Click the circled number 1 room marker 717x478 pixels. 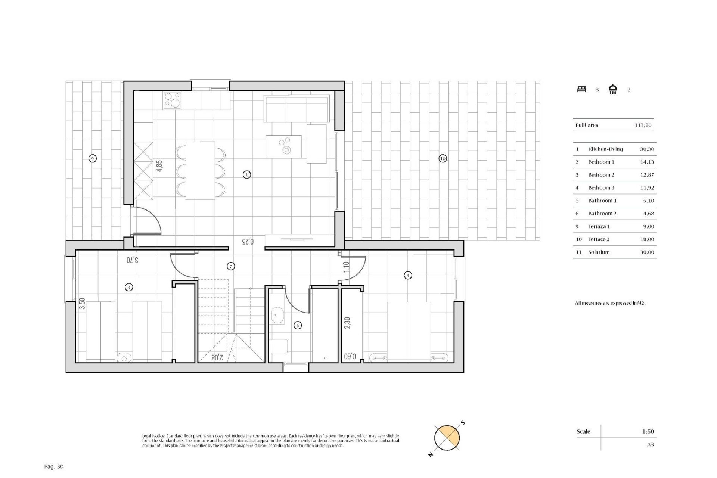click(246, 174)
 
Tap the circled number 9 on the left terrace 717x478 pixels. click(93, 158)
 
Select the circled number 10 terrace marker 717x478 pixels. click(443, 158)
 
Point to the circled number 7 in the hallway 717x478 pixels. click(231, 266)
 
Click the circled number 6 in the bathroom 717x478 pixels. click(298, 325)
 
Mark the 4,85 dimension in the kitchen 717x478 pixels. click(159, 166)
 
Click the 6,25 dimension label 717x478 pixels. click(247, 241)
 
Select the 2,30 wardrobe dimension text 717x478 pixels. click(347, 323)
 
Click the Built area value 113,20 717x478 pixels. click(643, 125)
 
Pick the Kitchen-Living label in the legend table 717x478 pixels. click(605, 149)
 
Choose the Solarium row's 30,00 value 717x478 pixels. click(647, 252)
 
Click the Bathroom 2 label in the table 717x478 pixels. click(602, 214)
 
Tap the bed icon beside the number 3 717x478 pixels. click(581, 89)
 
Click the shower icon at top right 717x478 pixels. click(613, 90)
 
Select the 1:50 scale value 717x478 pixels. click(648, 431)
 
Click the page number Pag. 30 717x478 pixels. click(54, 466)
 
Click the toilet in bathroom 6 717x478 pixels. click(280, 346)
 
